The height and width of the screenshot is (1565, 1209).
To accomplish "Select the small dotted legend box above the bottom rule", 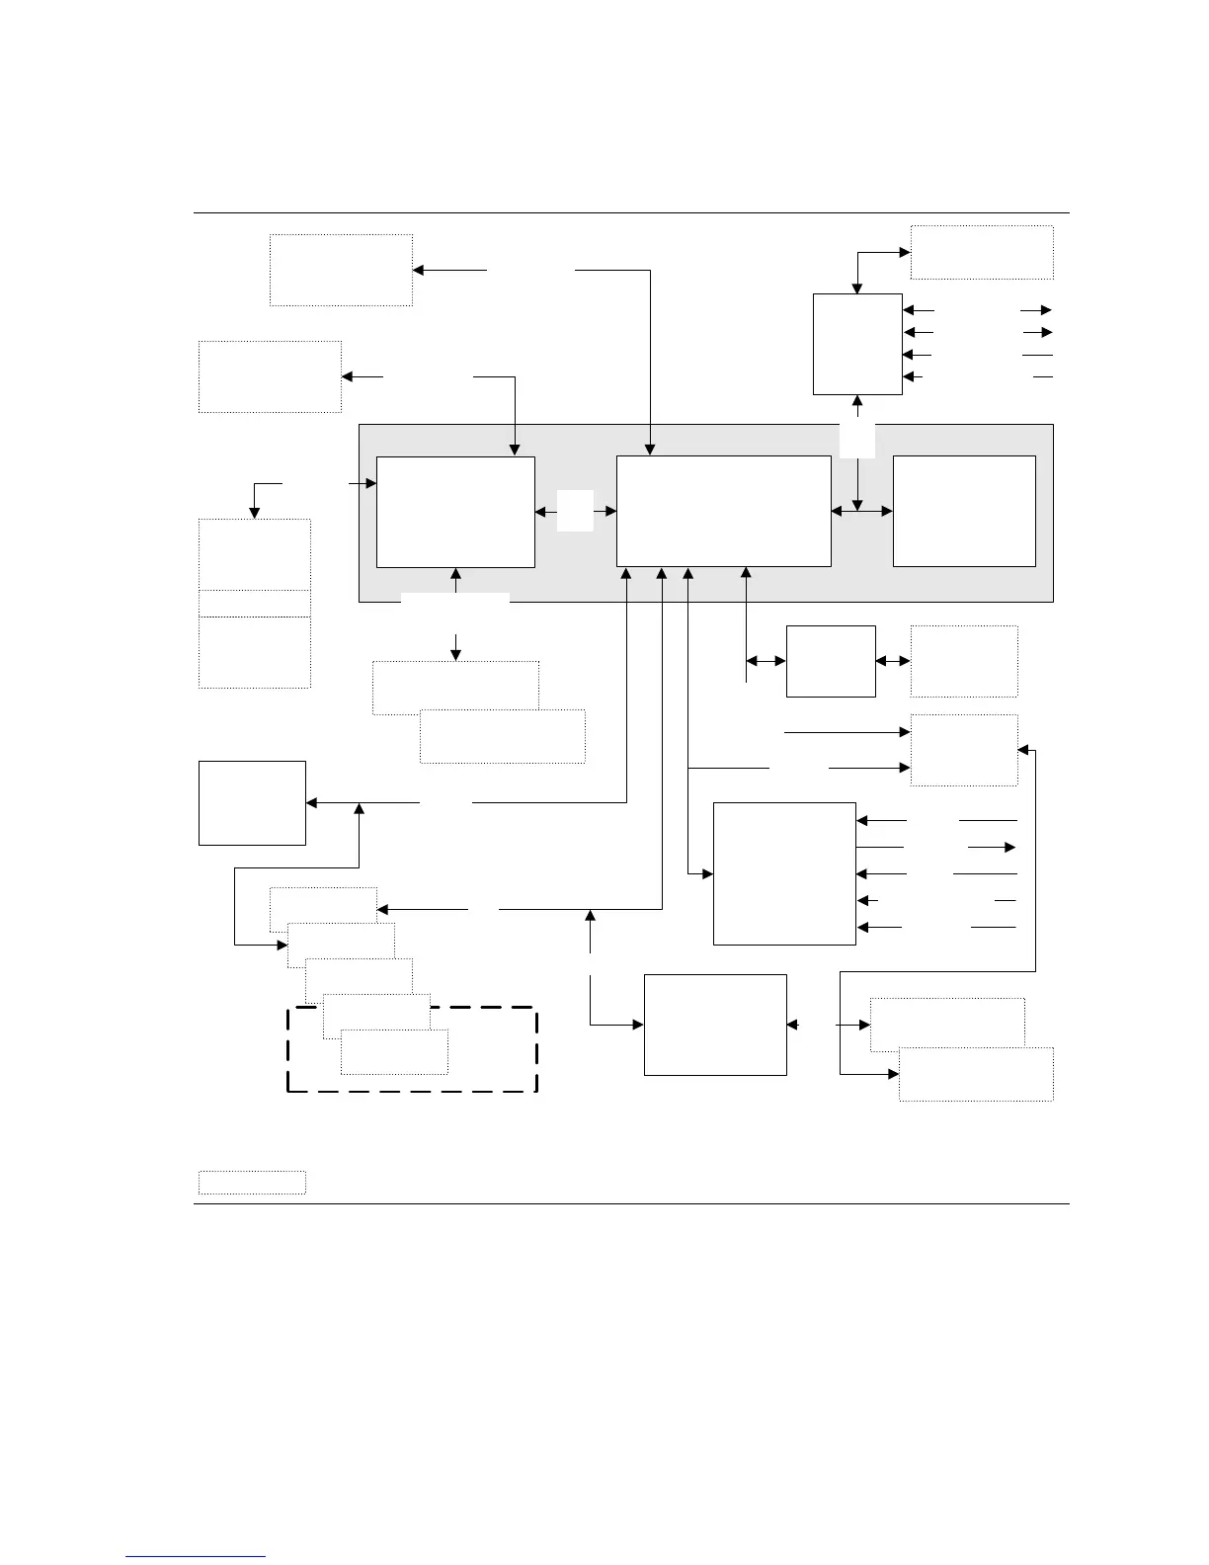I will [252, 1183].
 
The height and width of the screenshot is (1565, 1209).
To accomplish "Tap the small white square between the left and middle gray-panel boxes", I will [575, 510].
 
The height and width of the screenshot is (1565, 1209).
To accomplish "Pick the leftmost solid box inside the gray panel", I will [455, 512].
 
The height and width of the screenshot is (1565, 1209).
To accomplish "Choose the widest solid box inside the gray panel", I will [723, 511].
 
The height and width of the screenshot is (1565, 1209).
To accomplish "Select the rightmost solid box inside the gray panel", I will [964, 511].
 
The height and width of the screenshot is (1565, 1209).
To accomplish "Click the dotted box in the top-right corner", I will [981, 252].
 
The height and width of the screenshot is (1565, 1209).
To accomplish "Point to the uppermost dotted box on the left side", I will [341, 270].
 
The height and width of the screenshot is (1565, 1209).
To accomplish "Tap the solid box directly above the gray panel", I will [857, 344].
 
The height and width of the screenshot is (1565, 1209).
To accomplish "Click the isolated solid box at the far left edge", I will [252, 802].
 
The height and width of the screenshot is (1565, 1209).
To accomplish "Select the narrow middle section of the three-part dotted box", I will [254, 604].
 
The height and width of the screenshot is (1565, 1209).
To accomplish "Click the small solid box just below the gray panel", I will [831, 661].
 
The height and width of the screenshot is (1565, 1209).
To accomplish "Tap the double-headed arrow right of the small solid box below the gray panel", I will [893, 661].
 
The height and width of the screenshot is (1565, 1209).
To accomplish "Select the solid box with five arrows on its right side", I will [784, 873].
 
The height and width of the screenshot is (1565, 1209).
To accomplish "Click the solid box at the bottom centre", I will [715, 1025].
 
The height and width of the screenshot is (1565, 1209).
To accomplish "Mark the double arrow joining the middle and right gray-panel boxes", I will [861, 511].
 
